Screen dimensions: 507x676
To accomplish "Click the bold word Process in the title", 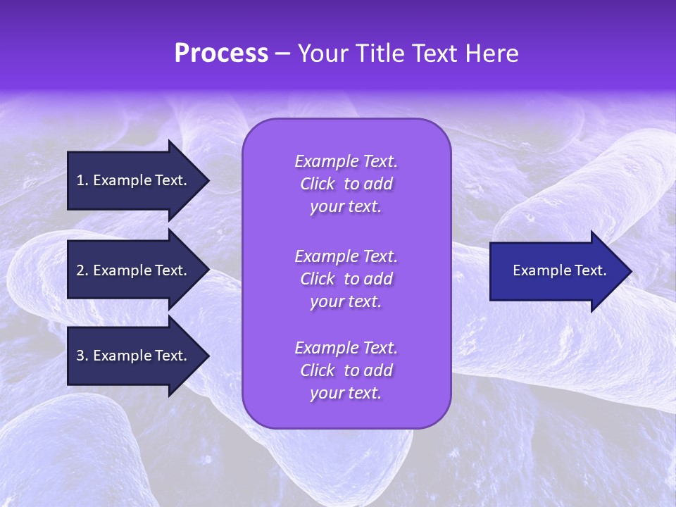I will point(221,54).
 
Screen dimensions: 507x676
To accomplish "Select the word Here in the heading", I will point(493,54).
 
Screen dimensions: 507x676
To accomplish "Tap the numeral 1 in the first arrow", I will point(80,180).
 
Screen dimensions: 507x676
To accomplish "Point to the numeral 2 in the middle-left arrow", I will point(80,270).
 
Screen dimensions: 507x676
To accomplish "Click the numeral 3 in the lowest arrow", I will point(80,356).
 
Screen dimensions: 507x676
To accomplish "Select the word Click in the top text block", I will point(318,184).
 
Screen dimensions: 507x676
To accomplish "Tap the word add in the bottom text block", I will point(379,371).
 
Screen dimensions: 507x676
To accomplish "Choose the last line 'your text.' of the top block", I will point(346,207).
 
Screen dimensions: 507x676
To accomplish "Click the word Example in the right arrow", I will point(539,270).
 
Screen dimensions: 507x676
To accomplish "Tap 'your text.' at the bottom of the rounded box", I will point(346,394).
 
